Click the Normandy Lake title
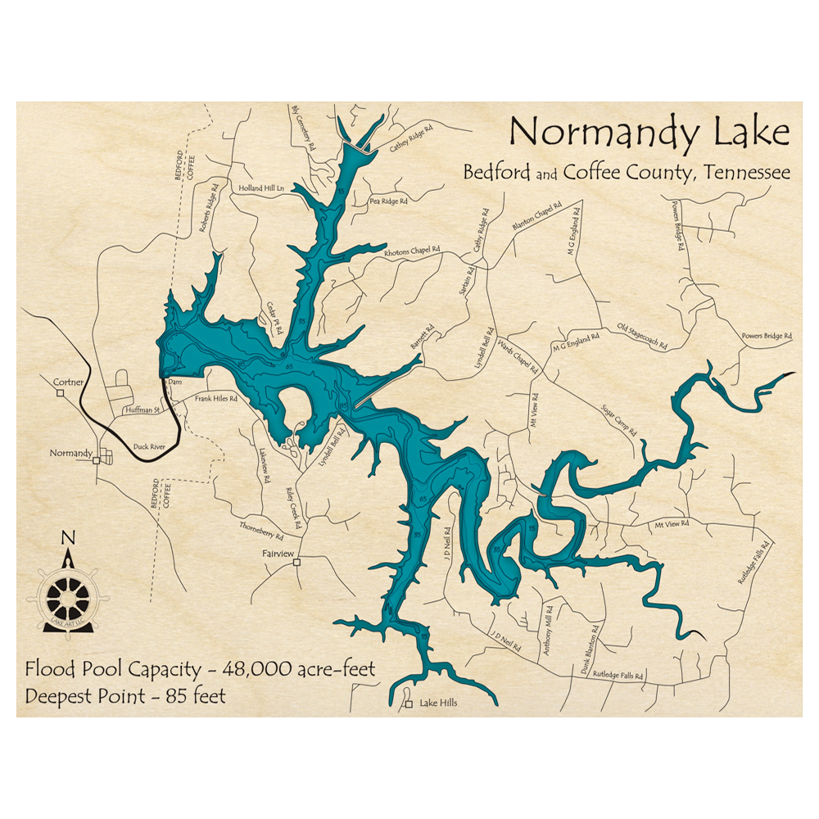coord(649,132)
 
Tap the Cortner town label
coord(68,382)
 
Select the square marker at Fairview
coord(297,562)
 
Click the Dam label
coord(174,382)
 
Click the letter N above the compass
coord(69,537)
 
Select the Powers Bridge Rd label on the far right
coord(767,336)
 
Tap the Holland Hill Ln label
coord(260,188)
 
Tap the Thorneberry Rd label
coord(261,531)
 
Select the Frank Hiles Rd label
coord(215,399)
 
